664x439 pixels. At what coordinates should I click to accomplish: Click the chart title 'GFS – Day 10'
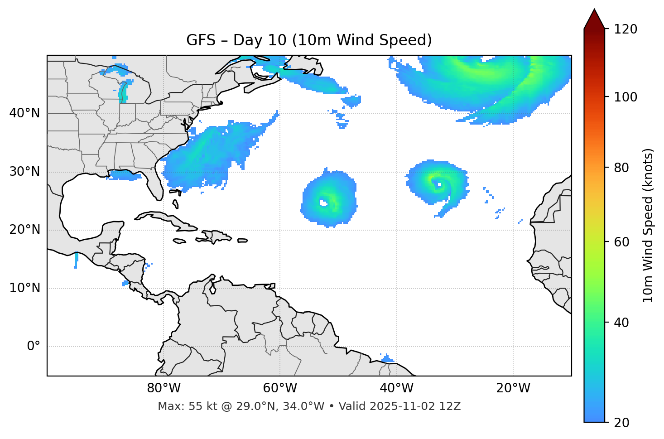(x=309, y=40)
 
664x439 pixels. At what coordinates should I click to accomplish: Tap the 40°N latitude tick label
(x=24, y=113)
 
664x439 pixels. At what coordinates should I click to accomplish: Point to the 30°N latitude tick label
(x=24, y=172)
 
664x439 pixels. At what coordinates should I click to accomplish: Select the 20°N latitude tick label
(x=24, y=230)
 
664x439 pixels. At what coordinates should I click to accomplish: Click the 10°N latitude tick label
(x=24, y=288)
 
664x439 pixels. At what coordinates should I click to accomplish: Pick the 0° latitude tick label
(x=33, y=347)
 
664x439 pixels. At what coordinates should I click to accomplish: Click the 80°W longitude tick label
(x=164, y=388)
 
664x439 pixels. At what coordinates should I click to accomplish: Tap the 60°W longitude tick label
(x=279, y=388)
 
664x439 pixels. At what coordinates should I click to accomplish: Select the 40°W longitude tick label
(x=396, y=388)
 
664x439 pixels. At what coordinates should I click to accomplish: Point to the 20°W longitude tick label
(x=513, y=388)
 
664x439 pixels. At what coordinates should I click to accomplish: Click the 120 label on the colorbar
(x=626, y=29)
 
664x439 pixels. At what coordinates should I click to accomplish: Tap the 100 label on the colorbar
(x=626, y=97)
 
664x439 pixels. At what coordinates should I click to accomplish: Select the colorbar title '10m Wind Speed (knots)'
(x=648, y=225)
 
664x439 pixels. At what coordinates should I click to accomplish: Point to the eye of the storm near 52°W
(x=323, y=203)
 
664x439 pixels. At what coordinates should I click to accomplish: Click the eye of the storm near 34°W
(x=438, y=184)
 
